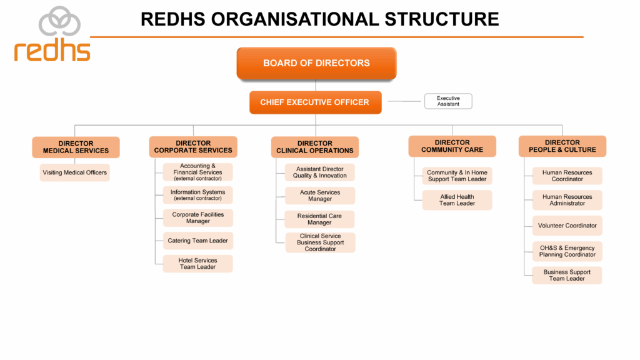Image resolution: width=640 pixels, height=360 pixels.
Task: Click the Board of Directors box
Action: pyautogui.click(x=316, y=63)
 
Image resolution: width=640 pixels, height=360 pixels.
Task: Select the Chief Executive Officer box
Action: pyautogui.click(x=316, y=102)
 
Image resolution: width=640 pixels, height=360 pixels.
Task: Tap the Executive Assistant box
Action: pyautogui.click(x=448, y=101)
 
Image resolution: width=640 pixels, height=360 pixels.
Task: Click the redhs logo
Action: pyautogui.click(x=52, y=34)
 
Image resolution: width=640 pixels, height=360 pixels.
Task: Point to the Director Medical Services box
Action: pyautogui.click(x=76, y=147)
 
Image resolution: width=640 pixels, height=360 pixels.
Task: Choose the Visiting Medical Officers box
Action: pyautogui.click(x=75, y=172)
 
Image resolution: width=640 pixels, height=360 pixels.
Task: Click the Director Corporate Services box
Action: pyautogui.click(x=193, y=147)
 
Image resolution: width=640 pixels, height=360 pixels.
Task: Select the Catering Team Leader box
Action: pyautogui.click(x=198, y=241)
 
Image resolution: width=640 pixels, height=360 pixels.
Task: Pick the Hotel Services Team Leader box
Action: pyautogui.click(x=198, y=264)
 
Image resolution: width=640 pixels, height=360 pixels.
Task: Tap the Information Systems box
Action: pyautogui.click(x=198, y=195)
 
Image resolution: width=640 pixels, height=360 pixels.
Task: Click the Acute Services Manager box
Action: pyautogui.click(x=320, y=196)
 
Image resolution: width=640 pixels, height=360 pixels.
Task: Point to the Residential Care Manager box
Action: pyautogui.click(x=319, y=219)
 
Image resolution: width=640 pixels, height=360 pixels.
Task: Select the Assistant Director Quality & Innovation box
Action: pyautogui.click(x=320, y=172)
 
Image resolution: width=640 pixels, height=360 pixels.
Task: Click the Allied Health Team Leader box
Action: pyautogui.click(x=457, y=200)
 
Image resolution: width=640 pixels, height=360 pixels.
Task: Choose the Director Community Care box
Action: pyautogui.click(x=452, y=146)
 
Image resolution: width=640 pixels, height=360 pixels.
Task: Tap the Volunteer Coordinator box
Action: pyautogui.click(x=567, y=226)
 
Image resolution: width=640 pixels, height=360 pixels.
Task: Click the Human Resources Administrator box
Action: pyautogui.click(x=567, y=200)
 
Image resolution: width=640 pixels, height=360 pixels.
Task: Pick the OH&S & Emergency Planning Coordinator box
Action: pyautogui.click(x=567, y=251)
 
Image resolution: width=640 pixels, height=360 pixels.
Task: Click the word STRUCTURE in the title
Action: pyautogui.click(x=442, y=19)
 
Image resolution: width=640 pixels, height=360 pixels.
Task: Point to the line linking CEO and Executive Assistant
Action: pyautogui.click(x=404, y=101)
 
